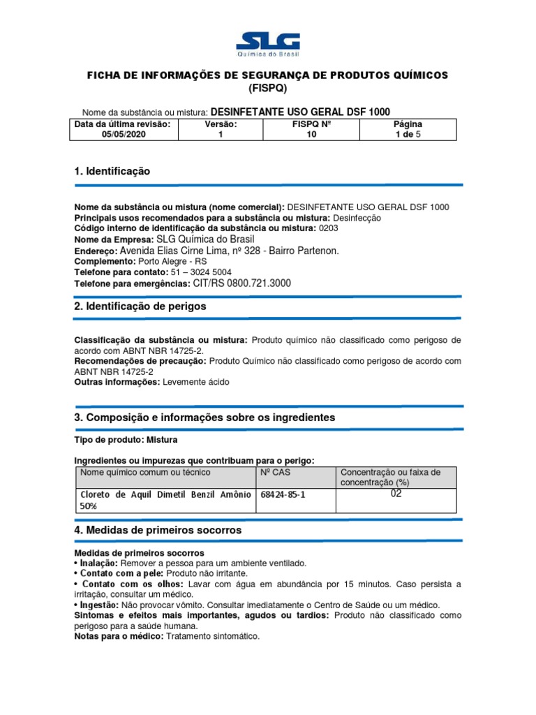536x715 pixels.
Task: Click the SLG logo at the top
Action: coord(268,45)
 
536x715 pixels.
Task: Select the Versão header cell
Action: coord(221,124)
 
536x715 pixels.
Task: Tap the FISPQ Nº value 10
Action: coord(311,135)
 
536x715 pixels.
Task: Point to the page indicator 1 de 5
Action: coord(408,135)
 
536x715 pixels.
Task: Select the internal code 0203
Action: coord(329,228)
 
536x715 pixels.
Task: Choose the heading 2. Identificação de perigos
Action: coord(140,307)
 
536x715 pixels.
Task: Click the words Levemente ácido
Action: coord(195,382)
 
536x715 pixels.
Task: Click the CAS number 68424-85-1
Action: coord(283,494)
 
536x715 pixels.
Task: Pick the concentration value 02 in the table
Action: coord(396,494)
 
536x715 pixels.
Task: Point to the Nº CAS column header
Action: coord(275,473)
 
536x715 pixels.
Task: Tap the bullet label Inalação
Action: coord(99,563)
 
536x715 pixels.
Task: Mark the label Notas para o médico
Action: coord(118,636)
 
